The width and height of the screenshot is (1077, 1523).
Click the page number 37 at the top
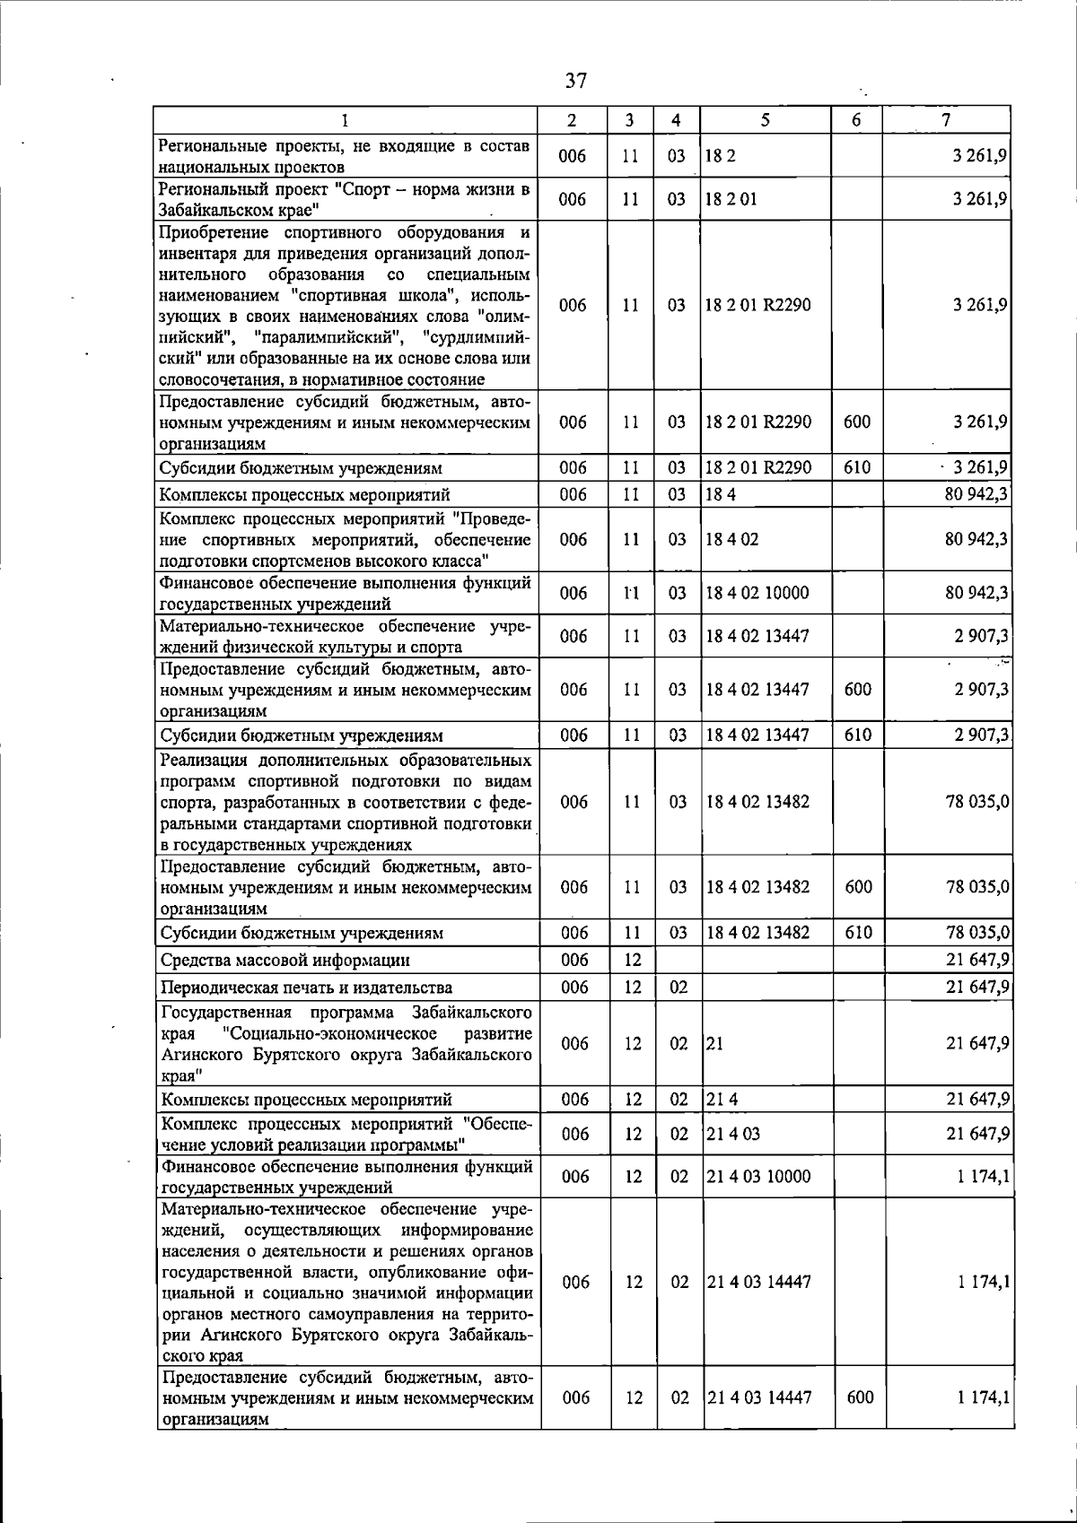click(x=575, y=81)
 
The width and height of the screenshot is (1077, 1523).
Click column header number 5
click(x=765, y=119)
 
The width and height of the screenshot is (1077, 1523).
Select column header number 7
click(x=946, y=119)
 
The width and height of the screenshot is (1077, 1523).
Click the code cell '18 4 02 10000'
click(x=757, y=593)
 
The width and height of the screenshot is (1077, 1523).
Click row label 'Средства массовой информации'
click(x=285, y=961)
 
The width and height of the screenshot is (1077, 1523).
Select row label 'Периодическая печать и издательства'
click(x=306, y=988)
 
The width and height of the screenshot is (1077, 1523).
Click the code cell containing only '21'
click(x=714, y=1044)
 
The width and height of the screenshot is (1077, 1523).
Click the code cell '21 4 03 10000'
click(x=758, y=1176)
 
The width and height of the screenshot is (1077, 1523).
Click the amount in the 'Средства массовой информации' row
click(x=977, y=961)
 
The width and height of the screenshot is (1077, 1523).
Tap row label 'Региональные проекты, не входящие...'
click(x=344, y=156)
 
